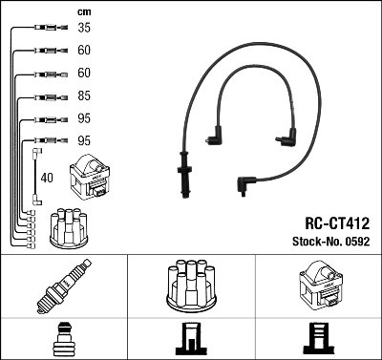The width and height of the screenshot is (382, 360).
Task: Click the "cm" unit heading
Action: click(83, 11)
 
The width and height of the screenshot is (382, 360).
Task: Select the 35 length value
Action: click(84, 29)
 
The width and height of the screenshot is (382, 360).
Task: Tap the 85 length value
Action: click(84, 96)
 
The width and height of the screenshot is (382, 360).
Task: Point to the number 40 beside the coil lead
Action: click(47, 177)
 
